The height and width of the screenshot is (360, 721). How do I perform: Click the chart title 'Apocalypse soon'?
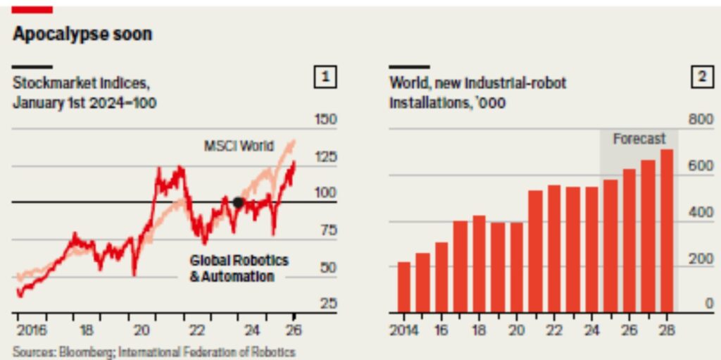[x=82, y=35]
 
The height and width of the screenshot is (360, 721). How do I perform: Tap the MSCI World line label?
[x=239, y=147]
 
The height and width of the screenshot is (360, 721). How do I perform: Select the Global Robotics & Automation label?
[x=239, y=268]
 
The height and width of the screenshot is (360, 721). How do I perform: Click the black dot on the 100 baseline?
[x=238, y=202]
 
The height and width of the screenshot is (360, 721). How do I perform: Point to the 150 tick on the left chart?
[x=325, y=120]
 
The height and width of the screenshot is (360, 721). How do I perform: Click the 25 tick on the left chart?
[x=326, y=304]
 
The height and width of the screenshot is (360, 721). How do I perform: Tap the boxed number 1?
[x=325, y=77]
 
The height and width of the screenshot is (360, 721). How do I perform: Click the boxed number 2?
[x=703, y=77]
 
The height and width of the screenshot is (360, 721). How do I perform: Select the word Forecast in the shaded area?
[x=639, y=139]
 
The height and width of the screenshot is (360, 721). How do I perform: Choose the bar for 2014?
[x=404, y=287]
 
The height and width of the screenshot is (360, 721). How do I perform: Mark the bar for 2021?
[x=536, y=252]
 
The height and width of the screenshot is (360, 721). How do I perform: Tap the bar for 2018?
[x=479, y=264]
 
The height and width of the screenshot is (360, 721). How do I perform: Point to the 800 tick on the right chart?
[x=701, y=120]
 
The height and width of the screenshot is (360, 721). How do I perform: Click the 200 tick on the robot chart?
[x=701, y=259]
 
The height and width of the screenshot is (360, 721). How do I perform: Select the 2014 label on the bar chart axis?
[x=404, y=330]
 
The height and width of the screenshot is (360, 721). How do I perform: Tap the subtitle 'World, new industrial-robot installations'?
[x=478, y=92]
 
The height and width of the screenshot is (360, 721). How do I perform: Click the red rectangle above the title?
[x=32, y=10]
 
